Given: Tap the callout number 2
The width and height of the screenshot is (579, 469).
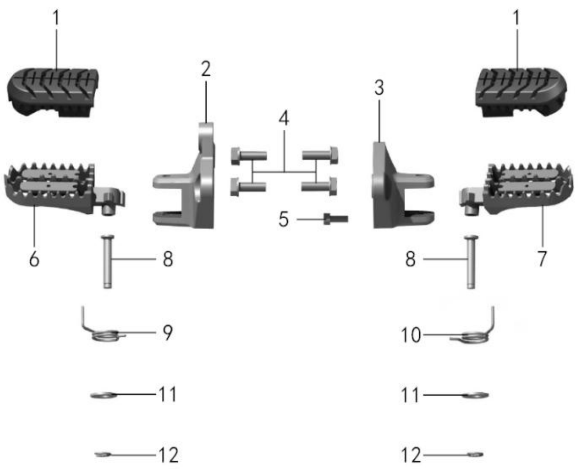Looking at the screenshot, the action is (x=206, y=69).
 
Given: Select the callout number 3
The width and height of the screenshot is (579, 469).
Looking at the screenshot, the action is (x=379, y=88).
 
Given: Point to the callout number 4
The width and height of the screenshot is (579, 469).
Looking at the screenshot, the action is (x=284, y=119).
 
